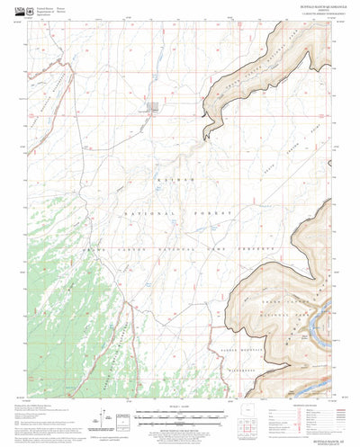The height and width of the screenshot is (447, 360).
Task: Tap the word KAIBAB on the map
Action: click(168, 181)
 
